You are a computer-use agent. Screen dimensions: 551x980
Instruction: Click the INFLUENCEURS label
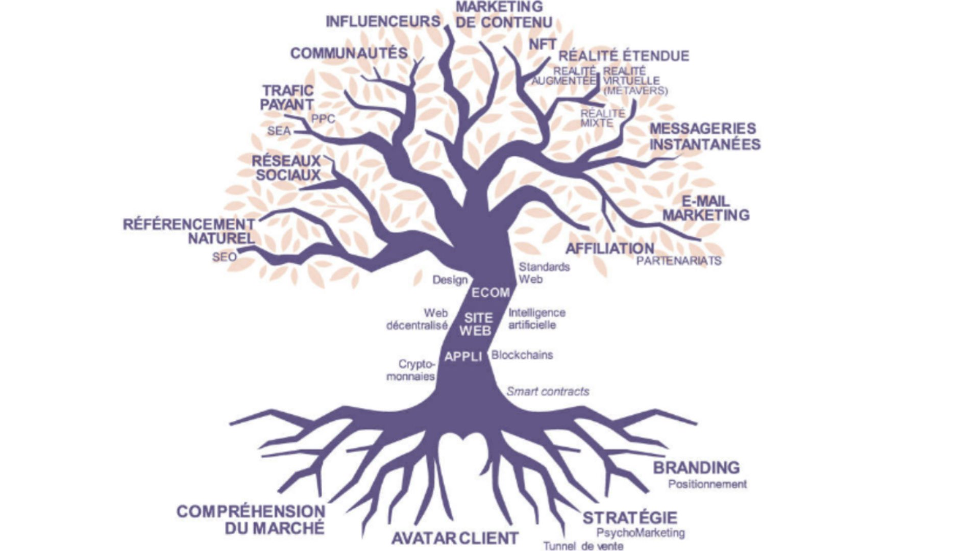click(383, 21)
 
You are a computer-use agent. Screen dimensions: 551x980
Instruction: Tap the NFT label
click(542, 45)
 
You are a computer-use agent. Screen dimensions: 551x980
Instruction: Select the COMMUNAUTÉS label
click(349, 53)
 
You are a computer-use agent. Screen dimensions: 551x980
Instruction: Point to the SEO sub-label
click(225, 257)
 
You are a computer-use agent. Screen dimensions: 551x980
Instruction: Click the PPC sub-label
click(324, 119)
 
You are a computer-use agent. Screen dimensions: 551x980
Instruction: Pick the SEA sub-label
click(279, 131)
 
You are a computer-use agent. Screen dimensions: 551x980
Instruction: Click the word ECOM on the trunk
click(491, 293)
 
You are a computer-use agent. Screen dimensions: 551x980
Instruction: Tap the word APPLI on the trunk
click(463, 357)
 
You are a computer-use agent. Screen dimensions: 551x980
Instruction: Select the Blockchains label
click(522, 355)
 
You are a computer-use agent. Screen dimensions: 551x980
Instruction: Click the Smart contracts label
click(548, 391)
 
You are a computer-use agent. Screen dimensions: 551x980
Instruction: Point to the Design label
click(450, 280)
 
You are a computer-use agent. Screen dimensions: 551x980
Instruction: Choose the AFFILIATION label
click(609, 248)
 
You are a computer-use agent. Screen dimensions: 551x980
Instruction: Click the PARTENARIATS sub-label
click(679, 261)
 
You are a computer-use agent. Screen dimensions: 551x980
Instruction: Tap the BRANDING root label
click(696, 467)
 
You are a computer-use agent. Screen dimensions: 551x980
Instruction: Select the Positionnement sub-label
click(707, 484)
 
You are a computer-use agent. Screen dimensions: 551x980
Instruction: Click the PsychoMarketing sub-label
click(641, 533)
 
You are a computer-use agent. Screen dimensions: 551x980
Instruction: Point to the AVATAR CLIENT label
click(455, 538)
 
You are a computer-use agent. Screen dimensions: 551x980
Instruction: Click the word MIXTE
click(597, 123)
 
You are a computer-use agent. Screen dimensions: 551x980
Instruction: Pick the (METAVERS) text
click(635, 91)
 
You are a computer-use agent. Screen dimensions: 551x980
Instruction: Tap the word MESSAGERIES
click(702, 129)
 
